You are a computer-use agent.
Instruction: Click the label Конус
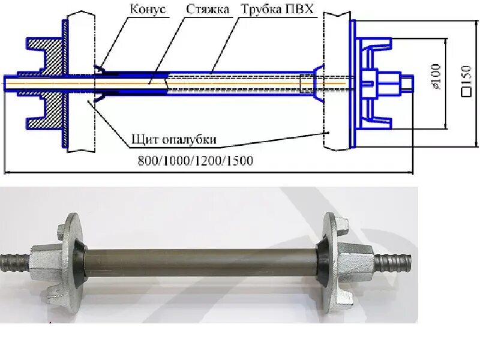click(x=148, y=10)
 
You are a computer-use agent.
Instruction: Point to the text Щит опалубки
click(x=174, y=140)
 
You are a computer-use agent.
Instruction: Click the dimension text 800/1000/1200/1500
click(x=195, y=161)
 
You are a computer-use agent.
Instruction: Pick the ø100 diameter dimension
click(x=435, y=77)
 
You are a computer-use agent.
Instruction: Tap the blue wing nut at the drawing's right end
click(x=381, y=83)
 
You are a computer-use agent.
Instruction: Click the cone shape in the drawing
click(x=102, y=83)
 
